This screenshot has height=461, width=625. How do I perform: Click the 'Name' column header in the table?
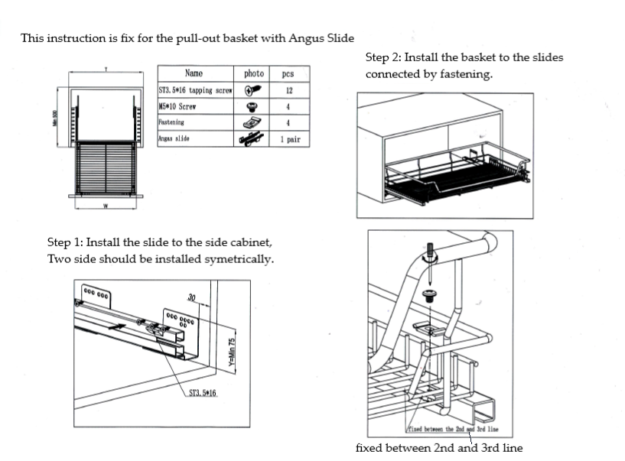(x=194, y=73)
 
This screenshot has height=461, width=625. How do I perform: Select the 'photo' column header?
(x=253, y=73)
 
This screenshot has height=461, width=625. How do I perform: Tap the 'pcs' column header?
(x=288, y=73)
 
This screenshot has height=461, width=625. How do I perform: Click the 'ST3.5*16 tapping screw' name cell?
(x=195, y=90)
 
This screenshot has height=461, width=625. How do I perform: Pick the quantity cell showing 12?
(x=288, y=90)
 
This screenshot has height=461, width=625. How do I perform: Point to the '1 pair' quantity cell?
(x=289, y=140)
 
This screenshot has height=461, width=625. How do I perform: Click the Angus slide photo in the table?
(x=252, y=140)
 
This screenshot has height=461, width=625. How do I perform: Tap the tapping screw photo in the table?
(x=252, y=90)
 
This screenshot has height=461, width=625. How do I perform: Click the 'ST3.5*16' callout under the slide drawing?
(x=203, y=393)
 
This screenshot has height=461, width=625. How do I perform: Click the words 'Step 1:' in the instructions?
(x=64, y=242)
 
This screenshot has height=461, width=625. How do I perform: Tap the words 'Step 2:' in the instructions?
(x=383, y=57)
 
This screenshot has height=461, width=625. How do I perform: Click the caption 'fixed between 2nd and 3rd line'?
(x=439, y=447)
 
